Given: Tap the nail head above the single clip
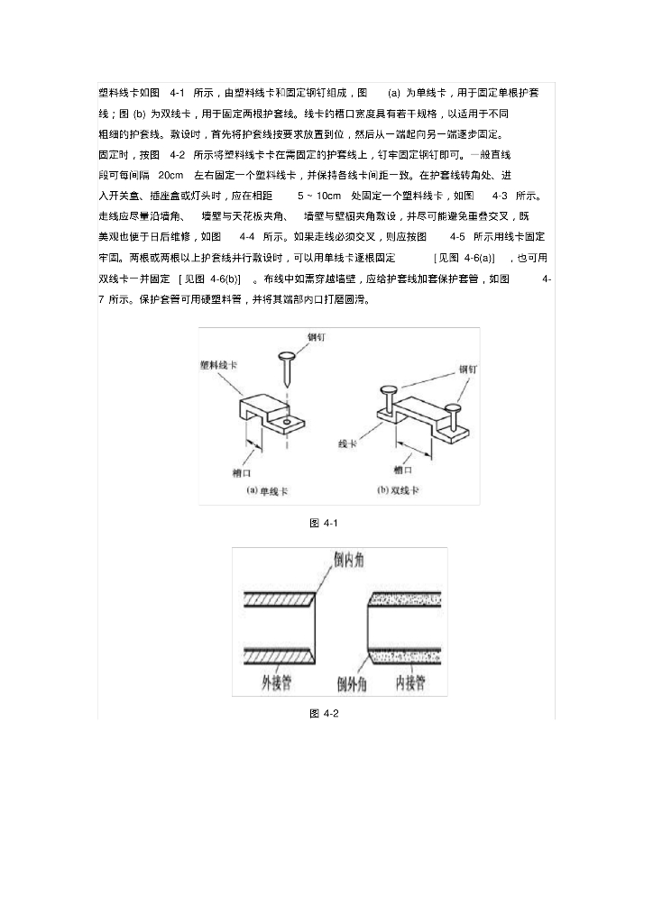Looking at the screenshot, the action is pyautogui.click(x=288, y=355).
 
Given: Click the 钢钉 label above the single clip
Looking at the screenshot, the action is pyautogui.click(x=316, y=337).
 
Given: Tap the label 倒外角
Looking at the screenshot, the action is pyautogui.click(x=351, y=684).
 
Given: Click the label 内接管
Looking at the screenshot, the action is pyautogui.click(x=409, y=683).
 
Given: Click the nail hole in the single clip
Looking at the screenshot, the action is pyautogui.click(x=287, y=421).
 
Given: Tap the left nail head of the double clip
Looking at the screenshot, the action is pyautogui.click(x=388, y=390).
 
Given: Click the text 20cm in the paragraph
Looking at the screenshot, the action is pyautogui.click(x=170, y=174).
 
